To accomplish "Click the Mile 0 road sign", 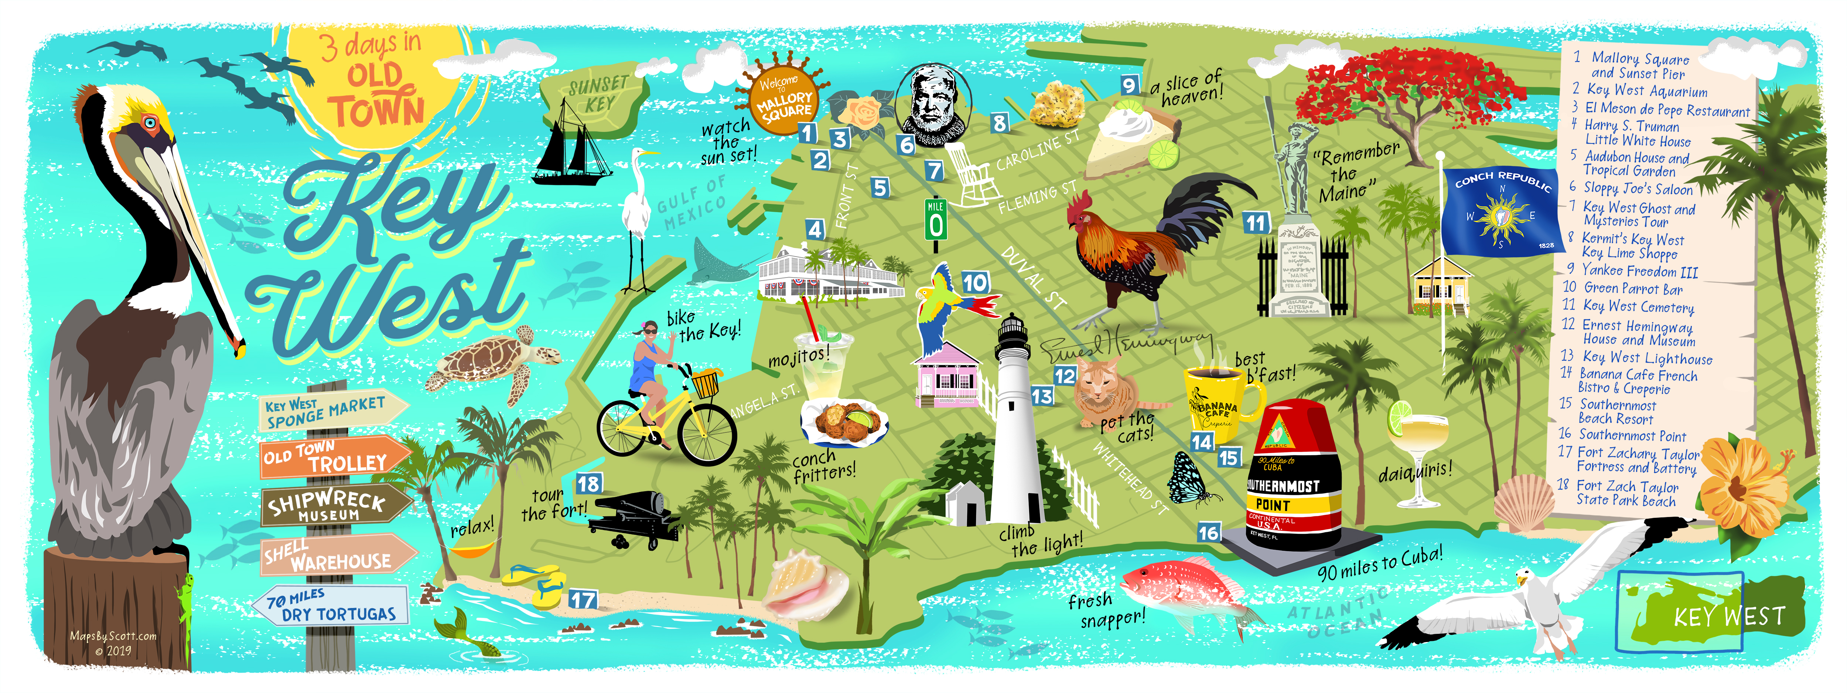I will coord(936,219).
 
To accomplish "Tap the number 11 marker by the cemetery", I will coord(1256,223).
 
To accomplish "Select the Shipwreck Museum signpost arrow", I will coord(334,505).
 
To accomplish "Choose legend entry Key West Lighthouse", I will coord(1647,358).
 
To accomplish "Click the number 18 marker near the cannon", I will coord(588,483).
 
